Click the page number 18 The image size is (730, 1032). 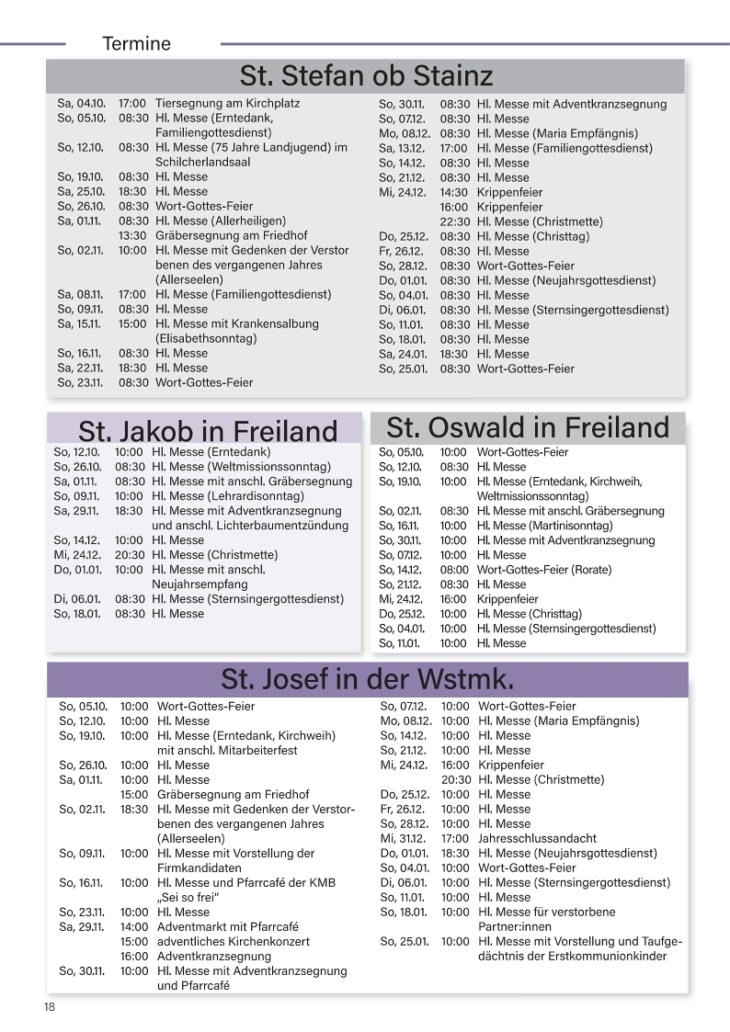[x=49, y=1007]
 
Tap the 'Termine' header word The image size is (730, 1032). [x=137, y=43]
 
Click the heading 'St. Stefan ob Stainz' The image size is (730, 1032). [x=366, y=74]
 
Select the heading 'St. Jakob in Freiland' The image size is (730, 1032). [x=208, y=431]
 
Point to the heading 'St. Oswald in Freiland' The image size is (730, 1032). [x=528, y=427]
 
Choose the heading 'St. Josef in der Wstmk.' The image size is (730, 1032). [x=367, y=679]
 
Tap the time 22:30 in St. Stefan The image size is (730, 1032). [x=454, y=221]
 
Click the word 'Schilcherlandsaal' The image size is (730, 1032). [x=203, y=162]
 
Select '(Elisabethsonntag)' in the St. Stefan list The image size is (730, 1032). [x=206, y=338]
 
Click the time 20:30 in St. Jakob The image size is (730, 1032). [x=130, y=555]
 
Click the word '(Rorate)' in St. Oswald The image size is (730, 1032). [x=591, y=570]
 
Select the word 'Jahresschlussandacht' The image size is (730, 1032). [x=537, y=838]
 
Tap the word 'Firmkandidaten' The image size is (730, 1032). [x=200, y=868]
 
